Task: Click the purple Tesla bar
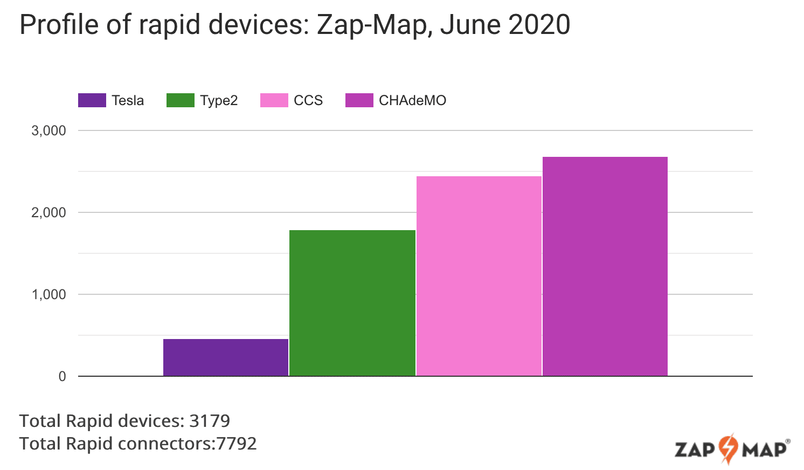click(x=226, y=357)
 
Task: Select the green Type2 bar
click(x=352, y=303)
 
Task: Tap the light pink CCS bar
click(x=479, y=276)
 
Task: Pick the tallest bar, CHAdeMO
click(x=605, y=266)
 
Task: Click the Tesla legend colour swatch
click(x=92, y=100)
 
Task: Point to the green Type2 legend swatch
click(x=181, y=100)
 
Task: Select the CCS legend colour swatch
click(x=274, y=100)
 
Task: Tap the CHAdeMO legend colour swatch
click(x=359, y=100)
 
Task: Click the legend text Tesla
click(x=128, y=101)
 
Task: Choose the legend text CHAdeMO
click(x=412, y=101)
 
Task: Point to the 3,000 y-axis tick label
click(x=48, y=131)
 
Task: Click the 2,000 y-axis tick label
click(x=48, y=213)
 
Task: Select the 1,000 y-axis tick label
click(x=48, y=295)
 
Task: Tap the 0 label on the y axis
click(x=63, y=377)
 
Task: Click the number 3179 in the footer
click(x=210, y=421)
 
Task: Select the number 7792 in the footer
click(x=237, y=444)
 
